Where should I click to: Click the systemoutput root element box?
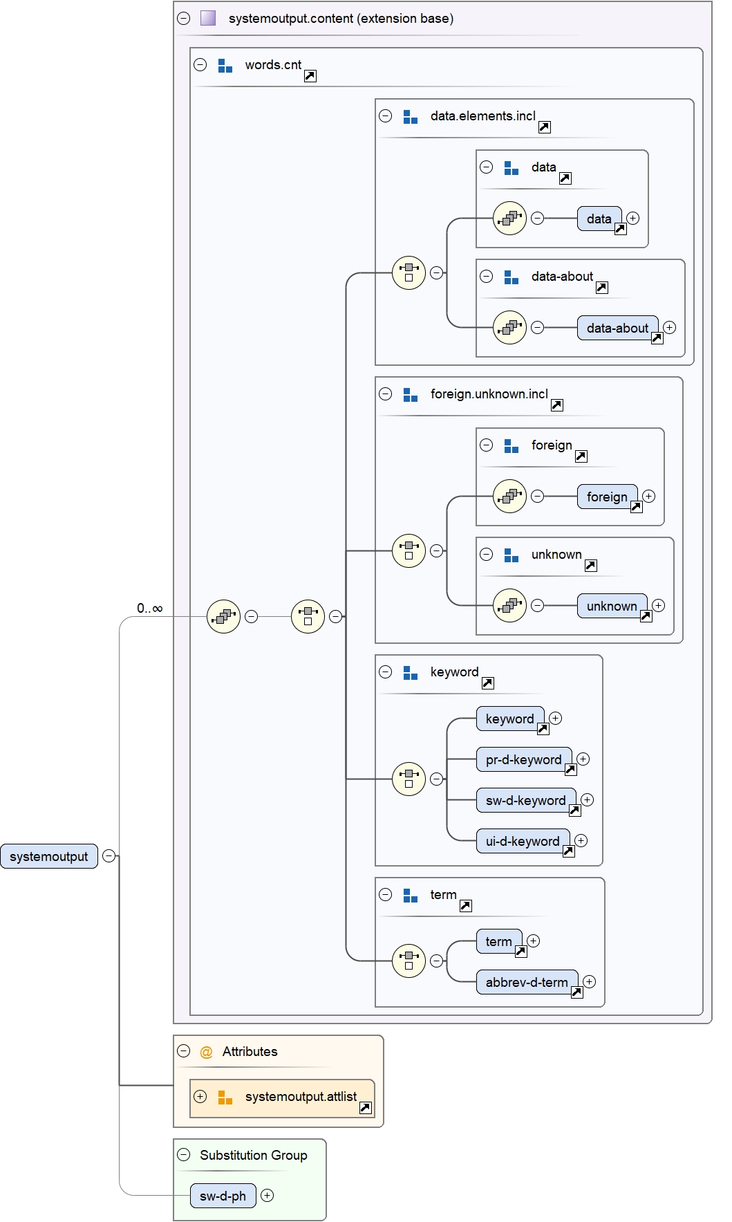[49, 856]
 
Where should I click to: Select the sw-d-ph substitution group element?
[223, 1196]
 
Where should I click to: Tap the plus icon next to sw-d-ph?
[268, 1195]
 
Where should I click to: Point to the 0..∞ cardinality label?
[149, 609]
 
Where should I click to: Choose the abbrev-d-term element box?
[527, 982]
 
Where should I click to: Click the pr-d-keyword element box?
[523, 759]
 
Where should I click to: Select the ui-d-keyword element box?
[522, 841]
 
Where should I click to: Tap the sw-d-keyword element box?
[525, 800]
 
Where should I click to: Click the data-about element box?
[617, 328]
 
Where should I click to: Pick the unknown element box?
[611, 606]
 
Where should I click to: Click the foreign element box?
[606, 497]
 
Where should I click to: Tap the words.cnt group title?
[273, 65]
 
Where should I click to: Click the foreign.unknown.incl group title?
[489, 394]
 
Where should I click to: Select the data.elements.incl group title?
[482, 116]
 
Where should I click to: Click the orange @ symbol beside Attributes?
[206, 1052]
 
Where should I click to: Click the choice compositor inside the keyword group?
[409, 779]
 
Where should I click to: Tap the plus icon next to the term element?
[534, 941]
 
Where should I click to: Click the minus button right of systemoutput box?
[109, 856]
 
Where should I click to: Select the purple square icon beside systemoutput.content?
[208, 18]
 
